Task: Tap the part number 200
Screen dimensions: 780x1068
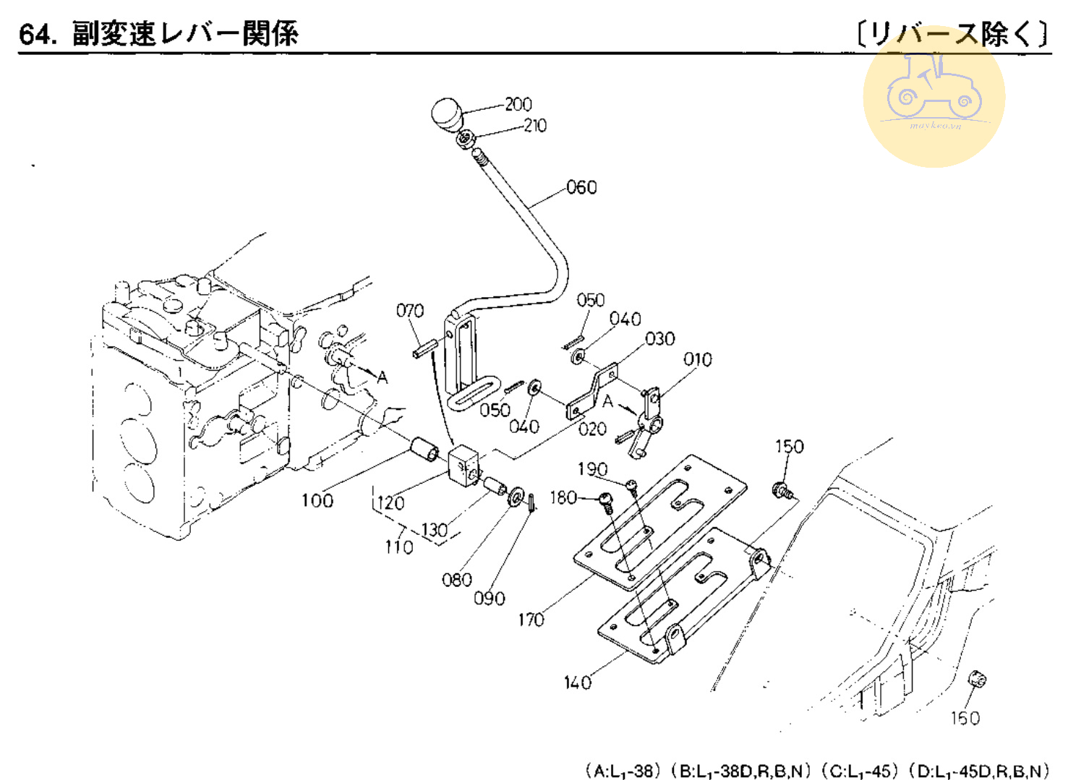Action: pos(518,104)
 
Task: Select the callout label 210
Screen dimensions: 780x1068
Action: pos(535,125)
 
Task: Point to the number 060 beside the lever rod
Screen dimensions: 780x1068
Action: pos(581,187)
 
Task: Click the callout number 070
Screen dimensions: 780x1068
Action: pos(410,310)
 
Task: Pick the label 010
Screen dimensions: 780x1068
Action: pos(698,359)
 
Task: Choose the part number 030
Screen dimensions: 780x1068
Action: pos(660,338)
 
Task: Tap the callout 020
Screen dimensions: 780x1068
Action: pos(592,429)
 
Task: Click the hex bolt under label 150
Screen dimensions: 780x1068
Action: pos(783,491)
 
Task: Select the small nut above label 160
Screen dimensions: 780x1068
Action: pos(977,680)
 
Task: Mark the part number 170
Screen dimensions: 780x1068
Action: pos(531,620)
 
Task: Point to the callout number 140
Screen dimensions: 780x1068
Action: pos(577,682)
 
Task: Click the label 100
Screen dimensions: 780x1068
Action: pos(317,500)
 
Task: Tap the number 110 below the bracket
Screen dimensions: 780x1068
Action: pos(399,547)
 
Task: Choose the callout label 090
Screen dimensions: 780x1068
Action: pos(490,599)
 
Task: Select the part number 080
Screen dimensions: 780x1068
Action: pos(457,580)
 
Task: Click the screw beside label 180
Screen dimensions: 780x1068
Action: pos(606,500)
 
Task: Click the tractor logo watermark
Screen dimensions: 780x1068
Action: pos(934,95)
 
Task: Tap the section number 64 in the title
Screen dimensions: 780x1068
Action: pos(36,34)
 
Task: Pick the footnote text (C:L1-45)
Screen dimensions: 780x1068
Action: pos(860,771)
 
